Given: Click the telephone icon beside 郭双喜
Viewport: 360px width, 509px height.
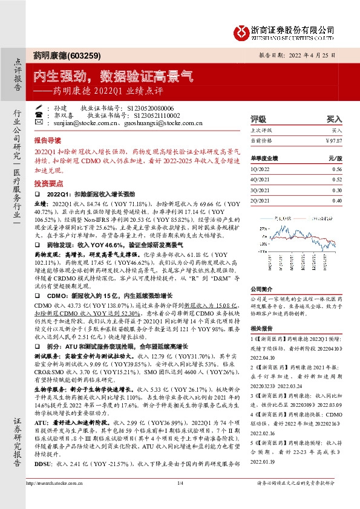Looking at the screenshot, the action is pyautogui.click(x=39, y=114).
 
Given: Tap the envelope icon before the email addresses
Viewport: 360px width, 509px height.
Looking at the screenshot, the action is pyautogui.click(x=39, y=122).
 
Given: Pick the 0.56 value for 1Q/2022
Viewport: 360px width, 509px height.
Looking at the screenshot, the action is pyautogui.click(x=336, y=170).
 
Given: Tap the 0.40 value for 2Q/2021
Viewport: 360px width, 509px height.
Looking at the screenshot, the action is pyautogui.click(x=336, y=200).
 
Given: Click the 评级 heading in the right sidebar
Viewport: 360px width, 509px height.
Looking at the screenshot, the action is pyautogui.click(x=258, y=119).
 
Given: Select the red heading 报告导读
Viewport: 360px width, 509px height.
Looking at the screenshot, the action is pyautogui.click(x=47, y=138).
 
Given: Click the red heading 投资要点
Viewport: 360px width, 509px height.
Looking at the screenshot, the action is pyautogui.click(x=47, y=182).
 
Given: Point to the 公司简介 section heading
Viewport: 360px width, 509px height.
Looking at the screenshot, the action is pyautogui.click(x=261, y=290).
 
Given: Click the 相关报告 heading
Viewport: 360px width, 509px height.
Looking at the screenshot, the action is pyautogui.click(x=261, y=328).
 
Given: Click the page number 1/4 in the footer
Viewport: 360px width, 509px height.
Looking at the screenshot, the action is pyautogui.click(x=180, y=499).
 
